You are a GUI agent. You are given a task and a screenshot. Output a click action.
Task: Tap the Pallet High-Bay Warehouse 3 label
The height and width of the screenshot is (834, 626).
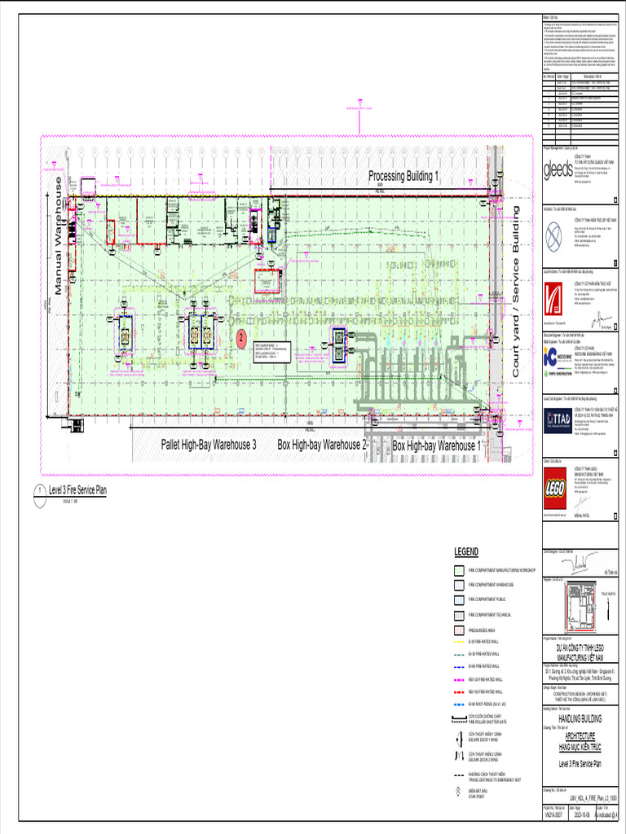coord(209,446)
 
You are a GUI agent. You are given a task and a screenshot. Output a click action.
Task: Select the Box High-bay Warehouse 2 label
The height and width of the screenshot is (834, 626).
coord(322,446)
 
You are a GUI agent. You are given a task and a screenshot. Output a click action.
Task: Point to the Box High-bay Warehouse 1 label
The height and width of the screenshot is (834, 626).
coord(436,446)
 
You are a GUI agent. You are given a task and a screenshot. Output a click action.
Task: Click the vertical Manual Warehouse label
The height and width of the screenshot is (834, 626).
coord(59,236)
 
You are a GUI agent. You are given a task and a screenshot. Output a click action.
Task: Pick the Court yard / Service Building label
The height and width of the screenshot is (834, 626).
coord(515,291)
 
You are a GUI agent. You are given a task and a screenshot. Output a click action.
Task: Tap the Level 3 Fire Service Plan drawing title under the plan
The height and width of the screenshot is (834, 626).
coord(77,490)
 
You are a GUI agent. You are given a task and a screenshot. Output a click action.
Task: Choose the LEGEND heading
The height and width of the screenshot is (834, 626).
coord(466,553)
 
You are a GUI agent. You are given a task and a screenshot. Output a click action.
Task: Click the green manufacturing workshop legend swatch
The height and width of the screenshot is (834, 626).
coord(459,573)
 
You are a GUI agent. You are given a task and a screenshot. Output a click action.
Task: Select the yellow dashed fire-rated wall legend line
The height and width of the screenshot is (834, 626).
coord(459,642)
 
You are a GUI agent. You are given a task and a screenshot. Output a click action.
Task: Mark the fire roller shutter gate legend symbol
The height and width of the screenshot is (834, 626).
coord(459,718)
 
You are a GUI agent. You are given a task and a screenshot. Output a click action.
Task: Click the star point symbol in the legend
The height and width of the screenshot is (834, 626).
coord(459,791)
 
